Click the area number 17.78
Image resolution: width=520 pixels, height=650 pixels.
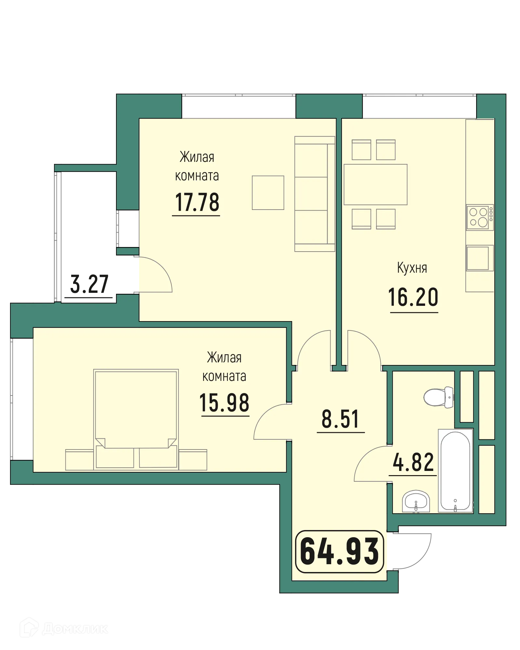point(197,202)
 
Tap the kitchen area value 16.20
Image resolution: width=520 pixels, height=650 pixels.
point(413,297)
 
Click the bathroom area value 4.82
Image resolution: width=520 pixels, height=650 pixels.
point(413,462)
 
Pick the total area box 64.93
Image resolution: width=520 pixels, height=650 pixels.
point(339,552)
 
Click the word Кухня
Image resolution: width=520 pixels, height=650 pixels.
point(412,268)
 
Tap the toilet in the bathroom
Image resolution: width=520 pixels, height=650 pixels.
point(439,397)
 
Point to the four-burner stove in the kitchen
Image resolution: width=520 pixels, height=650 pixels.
point(479,217)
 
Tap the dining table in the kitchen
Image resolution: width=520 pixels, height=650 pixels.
point(375,184)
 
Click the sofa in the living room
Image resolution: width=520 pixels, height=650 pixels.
point(314,194)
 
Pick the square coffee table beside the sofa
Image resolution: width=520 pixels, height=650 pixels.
point(268,192)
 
